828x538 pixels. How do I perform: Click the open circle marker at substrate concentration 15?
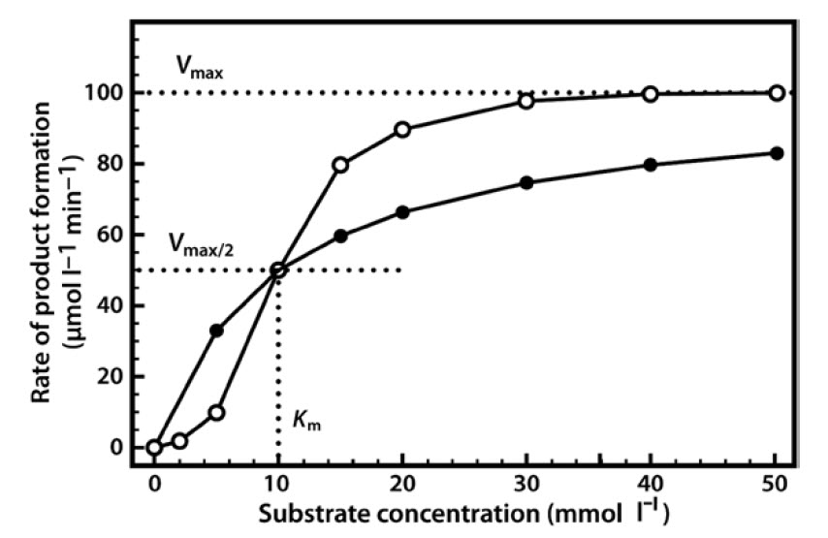pos(340,165)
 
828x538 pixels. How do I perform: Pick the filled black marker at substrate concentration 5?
pos(216,331)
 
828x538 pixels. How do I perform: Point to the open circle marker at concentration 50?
pos(776,93)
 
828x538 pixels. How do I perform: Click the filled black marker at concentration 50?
pos(776,153)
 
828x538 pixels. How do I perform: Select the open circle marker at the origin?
pos(154,447)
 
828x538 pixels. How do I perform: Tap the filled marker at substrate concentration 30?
pos(526,182)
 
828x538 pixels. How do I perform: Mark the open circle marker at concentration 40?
pos(650,94)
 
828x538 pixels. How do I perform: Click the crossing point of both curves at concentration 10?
pos(278,269)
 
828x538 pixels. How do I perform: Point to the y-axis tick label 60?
pos(110,235)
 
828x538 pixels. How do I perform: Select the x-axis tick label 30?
pos(526,482)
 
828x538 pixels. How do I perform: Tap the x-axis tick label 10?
pos(278,482)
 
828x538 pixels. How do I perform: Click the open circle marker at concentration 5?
pos(216,412)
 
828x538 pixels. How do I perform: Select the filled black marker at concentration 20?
pos(402,212)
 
